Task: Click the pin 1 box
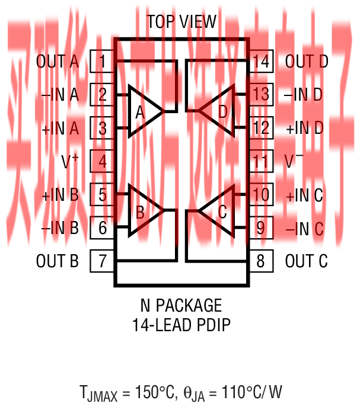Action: (x=103, y=61)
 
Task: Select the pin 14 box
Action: (x=260, y=61)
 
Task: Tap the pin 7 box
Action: (x=103, y=261)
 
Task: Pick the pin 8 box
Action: (x=260, y=261)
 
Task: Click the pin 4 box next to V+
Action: (x=103, y=161)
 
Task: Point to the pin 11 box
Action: (x=260, y=161)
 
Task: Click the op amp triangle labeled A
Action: (x=143, y=111)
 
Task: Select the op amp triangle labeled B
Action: (x=143, y=210)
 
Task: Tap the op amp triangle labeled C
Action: (x=218, y=210)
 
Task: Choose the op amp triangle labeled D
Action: (x=218, y=111)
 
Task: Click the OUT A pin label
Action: (x=58, y=61)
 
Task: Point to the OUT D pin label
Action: (x=307, y=61)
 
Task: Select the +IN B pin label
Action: (x=60, y=195)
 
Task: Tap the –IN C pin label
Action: (x=304, y=228)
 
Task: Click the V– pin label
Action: (x=295, y=161)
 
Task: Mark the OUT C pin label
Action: (x=307, y=261)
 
